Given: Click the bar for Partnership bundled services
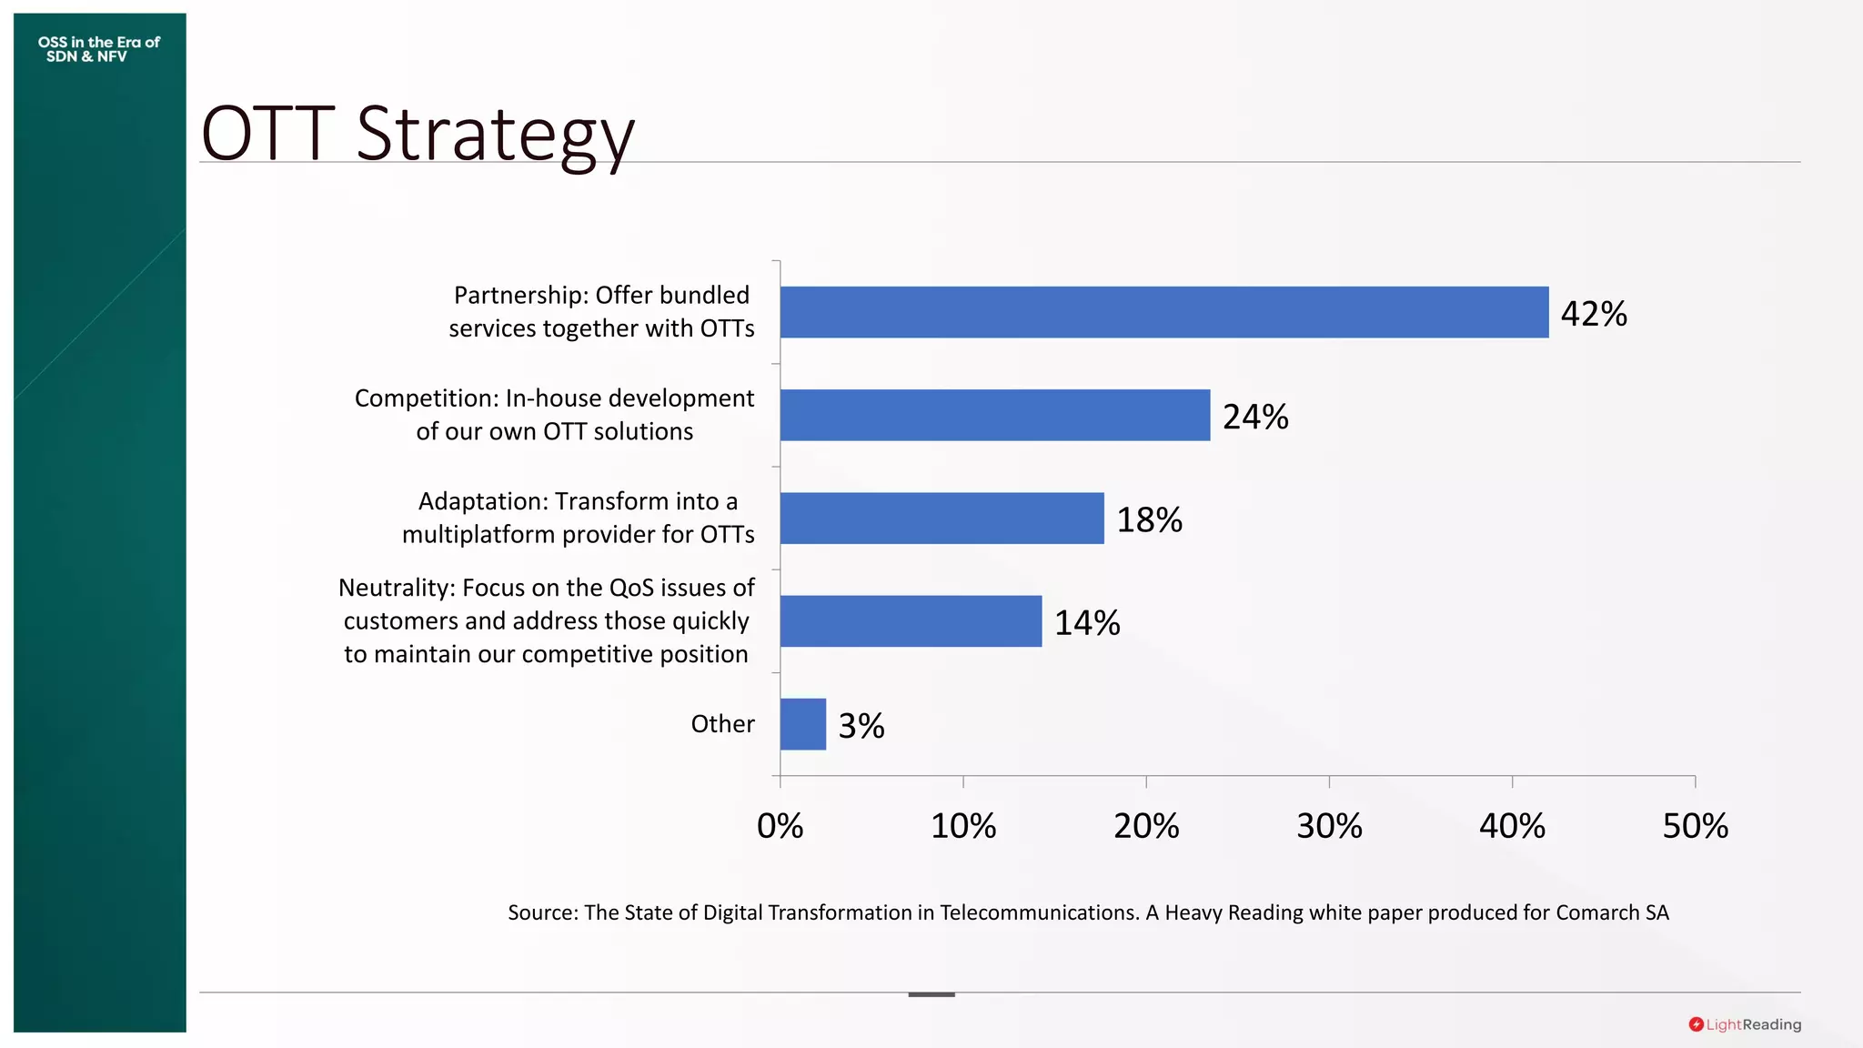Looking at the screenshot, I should (1163, 312).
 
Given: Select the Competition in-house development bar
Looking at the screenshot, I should (994, 415).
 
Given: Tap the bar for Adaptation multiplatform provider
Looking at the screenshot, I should (942, 519).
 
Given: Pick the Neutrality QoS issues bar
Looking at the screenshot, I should (911, 621).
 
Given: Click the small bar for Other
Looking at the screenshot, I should (802, 724).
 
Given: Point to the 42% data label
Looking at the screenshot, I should (1594, 314).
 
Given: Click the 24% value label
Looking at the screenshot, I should (1255, 417).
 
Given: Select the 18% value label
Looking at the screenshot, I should (1149, 519).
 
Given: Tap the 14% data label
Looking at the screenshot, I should (1087, 623).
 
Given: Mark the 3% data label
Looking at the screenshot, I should (861, 726).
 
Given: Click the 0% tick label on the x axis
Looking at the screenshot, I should (780, 826).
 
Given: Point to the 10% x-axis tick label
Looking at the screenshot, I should (963, 826).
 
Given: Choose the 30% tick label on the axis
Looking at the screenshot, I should (1329, 826).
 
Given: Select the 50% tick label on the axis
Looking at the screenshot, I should (1695, 826).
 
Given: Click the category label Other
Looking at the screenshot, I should (722, 724).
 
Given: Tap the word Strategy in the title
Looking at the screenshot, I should (494, 135).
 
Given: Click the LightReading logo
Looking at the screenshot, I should (1745, 1024).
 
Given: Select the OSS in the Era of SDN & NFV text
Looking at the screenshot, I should (98, 49).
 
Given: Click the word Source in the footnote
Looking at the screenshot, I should (541, 912).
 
